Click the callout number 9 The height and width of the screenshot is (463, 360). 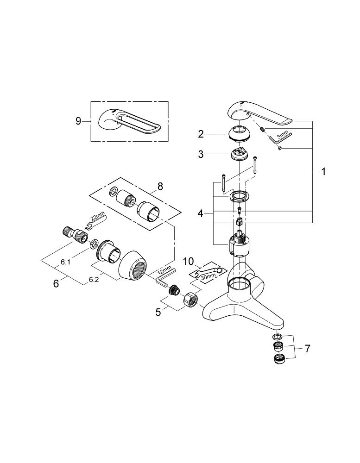[78, 121]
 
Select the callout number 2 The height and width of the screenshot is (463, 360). [201, 134]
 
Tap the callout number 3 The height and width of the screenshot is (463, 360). [201, 155]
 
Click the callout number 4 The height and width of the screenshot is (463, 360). [200, 213]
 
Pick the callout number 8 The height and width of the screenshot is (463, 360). [160, 186]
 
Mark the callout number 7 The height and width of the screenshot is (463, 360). [306, 348]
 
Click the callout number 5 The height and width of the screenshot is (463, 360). [158, 312]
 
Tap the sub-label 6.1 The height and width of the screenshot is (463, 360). [65, 262]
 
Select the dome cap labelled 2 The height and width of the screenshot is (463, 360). [240, 132]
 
